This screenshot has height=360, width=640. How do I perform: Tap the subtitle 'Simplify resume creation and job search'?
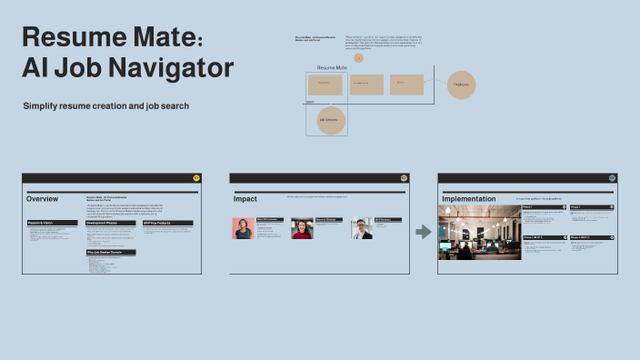click(106, 106)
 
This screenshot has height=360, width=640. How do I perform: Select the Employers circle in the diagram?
click(462, 85)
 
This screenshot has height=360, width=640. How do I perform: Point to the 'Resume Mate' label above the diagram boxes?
click(332, 68)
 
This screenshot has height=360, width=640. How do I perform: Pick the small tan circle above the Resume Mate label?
click(359, 57)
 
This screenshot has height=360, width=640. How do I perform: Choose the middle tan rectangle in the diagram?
click(366, 85)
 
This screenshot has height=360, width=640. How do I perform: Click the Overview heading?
click(43, 199)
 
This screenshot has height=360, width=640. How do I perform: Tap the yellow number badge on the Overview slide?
click(197, 177)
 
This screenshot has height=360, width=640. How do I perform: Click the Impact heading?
click(245, 199)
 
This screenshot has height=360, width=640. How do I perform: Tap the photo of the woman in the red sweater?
click(302, 228)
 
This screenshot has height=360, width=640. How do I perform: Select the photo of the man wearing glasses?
click(363, 228)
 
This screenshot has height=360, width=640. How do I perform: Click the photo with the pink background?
click(244, 228)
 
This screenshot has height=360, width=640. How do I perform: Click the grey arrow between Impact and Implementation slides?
click(424, 232)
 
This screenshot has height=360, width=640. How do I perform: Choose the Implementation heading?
click(469, 199)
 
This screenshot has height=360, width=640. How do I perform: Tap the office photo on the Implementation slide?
click(479, 232)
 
